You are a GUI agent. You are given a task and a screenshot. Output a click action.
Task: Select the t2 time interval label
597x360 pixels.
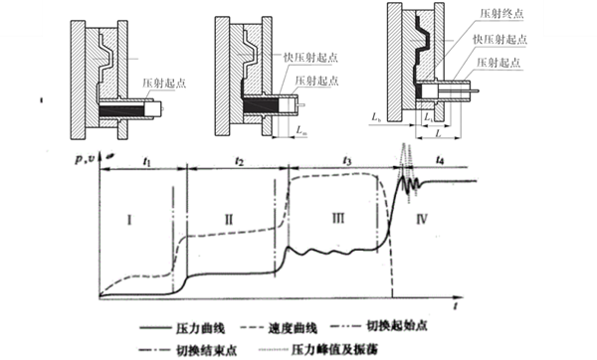pyautogui.click(x=239, y=159)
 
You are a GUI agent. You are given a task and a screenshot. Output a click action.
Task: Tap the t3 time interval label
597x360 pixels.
pyautogui.click(x=346, y=159)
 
